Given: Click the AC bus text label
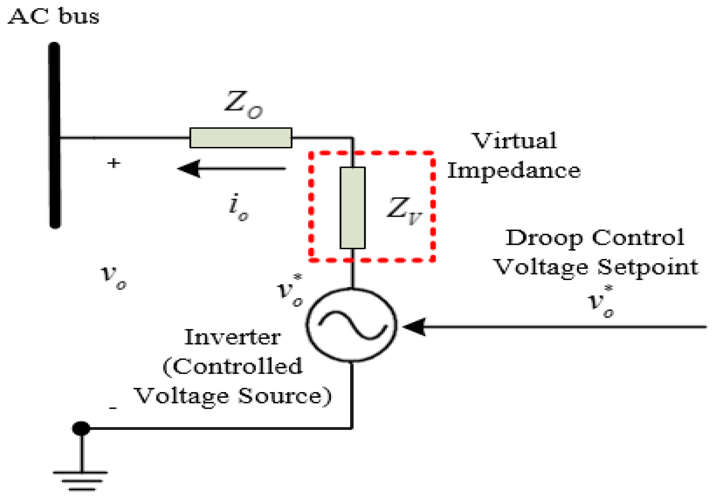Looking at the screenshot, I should pos(53,17).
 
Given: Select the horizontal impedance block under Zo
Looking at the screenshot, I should pos(240,138).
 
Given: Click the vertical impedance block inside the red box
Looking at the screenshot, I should pos(353,208).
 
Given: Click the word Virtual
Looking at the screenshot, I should pos(514,141).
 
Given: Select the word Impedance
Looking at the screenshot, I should pos(514,171).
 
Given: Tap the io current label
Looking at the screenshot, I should pos(238,208).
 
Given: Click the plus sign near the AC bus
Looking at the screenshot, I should pos(114,163).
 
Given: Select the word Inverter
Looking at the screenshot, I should pos(232,337).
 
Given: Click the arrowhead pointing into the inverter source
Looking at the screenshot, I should pos(415,327).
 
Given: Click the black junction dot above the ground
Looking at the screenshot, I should pos(81,428).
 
